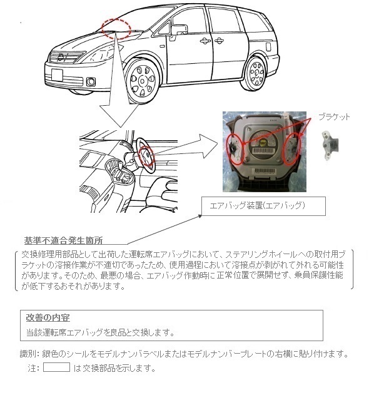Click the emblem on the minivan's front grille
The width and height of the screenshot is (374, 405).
pos(62,58)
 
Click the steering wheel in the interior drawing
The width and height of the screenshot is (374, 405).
pos(143,153)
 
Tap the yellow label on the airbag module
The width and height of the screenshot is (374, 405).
pos(264,143)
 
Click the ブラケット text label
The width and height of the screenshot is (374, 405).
pos(334,117)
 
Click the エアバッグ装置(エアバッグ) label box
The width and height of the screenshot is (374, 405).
pos(256,205)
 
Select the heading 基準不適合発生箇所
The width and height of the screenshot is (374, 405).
pos(63,240)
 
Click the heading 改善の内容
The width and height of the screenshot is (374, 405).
pos(48,318)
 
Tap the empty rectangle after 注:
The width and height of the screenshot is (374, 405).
pos(56,367)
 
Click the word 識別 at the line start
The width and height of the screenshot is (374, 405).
pos(29,354)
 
